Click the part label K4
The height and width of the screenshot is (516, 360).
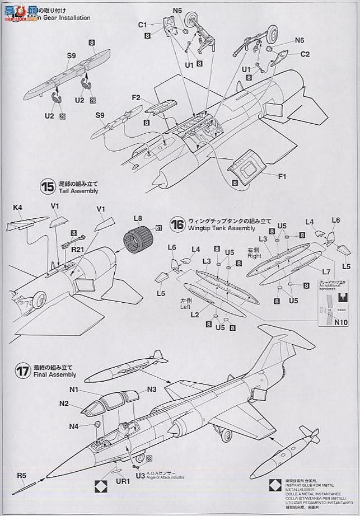point(17,208)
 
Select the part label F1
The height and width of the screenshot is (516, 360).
point(282,177)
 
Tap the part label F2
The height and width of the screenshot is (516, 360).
point(136,97)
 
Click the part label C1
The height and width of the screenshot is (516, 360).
point(142,25)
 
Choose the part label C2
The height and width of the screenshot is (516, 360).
point(305,54)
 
